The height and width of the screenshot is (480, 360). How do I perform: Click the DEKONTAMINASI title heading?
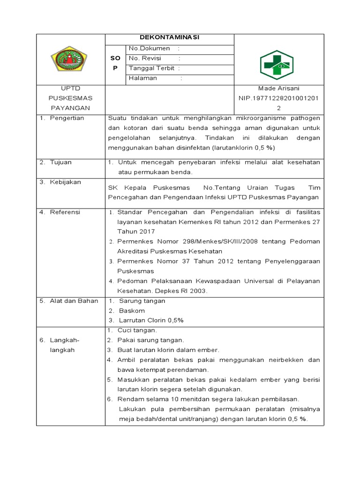(169, 38)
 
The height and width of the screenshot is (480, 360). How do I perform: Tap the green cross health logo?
(277, 65)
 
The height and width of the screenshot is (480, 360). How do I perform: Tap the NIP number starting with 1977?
(278, 97)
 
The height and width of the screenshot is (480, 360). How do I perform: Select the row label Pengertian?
(67, 118)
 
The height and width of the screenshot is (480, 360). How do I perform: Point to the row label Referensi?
(65, 212)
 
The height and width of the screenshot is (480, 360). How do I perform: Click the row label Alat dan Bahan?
(74, 301)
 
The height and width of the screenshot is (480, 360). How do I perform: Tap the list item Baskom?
(132, 311)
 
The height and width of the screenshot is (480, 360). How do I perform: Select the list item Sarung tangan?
(142, 301)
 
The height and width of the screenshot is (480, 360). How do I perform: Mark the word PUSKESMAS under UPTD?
(71, 98)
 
